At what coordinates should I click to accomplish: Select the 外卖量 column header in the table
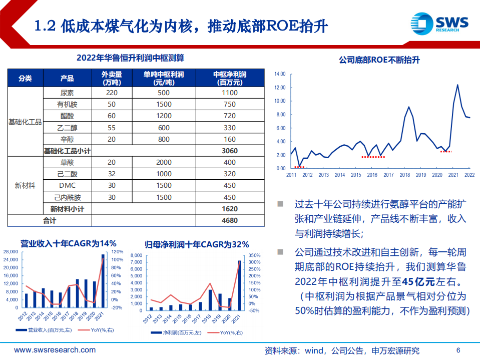click(x=112, y=78)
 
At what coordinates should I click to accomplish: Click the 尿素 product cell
click(x=67, y=93)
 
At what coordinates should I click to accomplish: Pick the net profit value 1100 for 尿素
click(x=229, y=93)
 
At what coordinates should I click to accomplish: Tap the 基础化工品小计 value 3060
click(x=229, y=151)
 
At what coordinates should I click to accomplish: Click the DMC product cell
click(x=67, y=185)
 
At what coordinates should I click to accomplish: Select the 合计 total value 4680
click(x=229, y=220)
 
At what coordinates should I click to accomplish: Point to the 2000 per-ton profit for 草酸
click(x=163, y=162)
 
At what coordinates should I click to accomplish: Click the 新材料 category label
click(x=25, y=185)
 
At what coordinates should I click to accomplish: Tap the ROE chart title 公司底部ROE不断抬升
click(x=379, y=60)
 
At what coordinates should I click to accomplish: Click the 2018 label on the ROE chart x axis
click(x=404, y=175)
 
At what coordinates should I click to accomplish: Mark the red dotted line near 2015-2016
click(x=373, y=157)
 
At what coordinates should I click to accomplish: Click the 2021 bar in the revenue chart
click(x=103, y=280)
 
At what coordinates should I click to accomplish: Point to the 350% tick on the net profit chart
click(x=255, y=255)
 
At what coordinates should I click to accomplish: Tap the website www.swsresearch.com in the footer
click(x=48, y=350)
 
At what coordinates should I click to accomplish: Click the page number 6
click(x=458, y=350)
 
